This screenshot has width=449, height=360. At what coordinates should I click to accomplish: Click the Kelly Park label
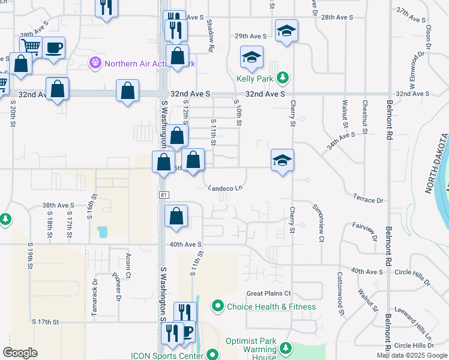pyautogui.click(x=255, y=79)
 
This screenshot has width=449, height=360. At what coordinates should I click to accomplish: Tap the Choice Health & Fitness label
pyautogui.click(x=271, y=307)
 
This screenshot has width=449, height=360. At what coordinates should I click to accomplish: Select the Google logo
pyautogui.click(x=20, y=352)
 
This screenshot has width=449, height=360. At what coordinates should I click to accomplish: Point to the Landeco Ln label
pyautogui.click(x=225, y=188)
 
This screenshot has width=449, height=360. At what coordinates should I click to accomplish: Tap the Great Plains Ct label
pyautogui.click(x=269, y=293)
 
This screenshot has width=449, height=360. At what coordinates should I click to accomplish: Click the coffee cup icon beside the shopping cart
pyautogui.click(x=53, y=47)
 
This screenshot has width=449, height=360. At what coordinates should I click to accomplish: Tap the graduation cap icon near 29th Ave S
pyautogui.click(x=286, y=30)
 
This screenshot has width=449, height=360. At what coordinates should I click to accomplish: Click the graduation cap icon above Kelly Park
pyautogui.click(x=252, y=57)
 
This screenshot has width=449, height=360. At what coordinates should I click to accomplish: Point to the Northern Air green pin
pyautogui.click(x=95, y=62)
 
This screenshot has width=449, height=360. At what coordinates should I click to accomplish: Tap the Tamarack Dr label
pyautogui.click(x=95, y=290)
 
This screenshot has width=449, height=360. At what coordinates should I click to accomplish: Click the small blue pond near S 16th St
pyautogui.click(x=101, y=232)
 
